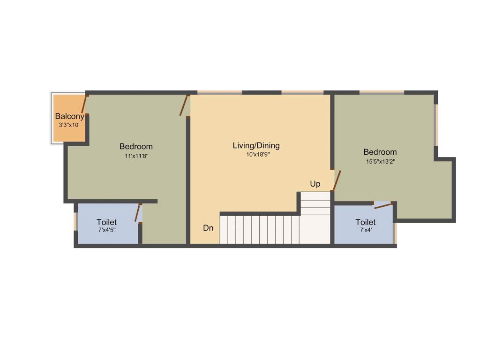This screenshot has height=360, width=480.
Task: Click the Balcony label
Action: (x=69, y=116)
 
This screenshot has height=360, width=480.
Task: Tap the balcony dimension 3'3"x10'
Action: (x=70, y=125)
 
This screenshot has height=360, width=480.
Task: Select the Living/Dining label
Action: (x=256, y=146)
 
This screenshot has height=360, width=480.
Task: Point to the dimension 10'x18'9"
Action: (x=258, y=155)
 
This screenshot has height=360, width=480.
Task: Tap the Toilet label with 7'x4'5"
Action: (x=106, y=222)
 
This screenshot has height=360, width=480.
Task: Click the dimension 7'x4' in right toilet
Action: (x=365, y=230)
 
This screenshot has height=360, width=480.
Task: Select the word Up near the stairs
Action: (x=315, y=184)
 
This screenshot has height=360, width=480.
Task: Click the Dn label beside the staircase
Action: (x=208, y=228)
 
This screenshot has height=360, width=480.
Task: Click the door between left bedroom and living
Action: (x=184, y=105)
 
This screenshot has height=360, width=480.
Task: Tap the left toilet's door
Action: (x=138, y=213)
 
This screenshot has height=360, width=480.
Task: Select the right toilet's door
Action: (x=383, y=205)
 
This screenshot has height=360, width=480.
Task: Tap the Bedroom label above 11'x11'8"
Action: (x=136, y=146)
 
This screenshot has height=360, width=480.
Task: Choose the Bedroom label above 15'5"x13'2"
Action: (x=380, y=152)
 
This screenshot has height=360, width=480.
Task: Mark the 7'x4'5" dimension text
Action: (x=107, y=230)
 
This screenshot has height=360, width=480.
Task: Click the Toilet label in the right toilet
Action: (x=365, y=222)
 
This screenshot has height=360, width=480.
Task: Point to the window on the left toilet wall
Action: (x=75, y=222)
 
